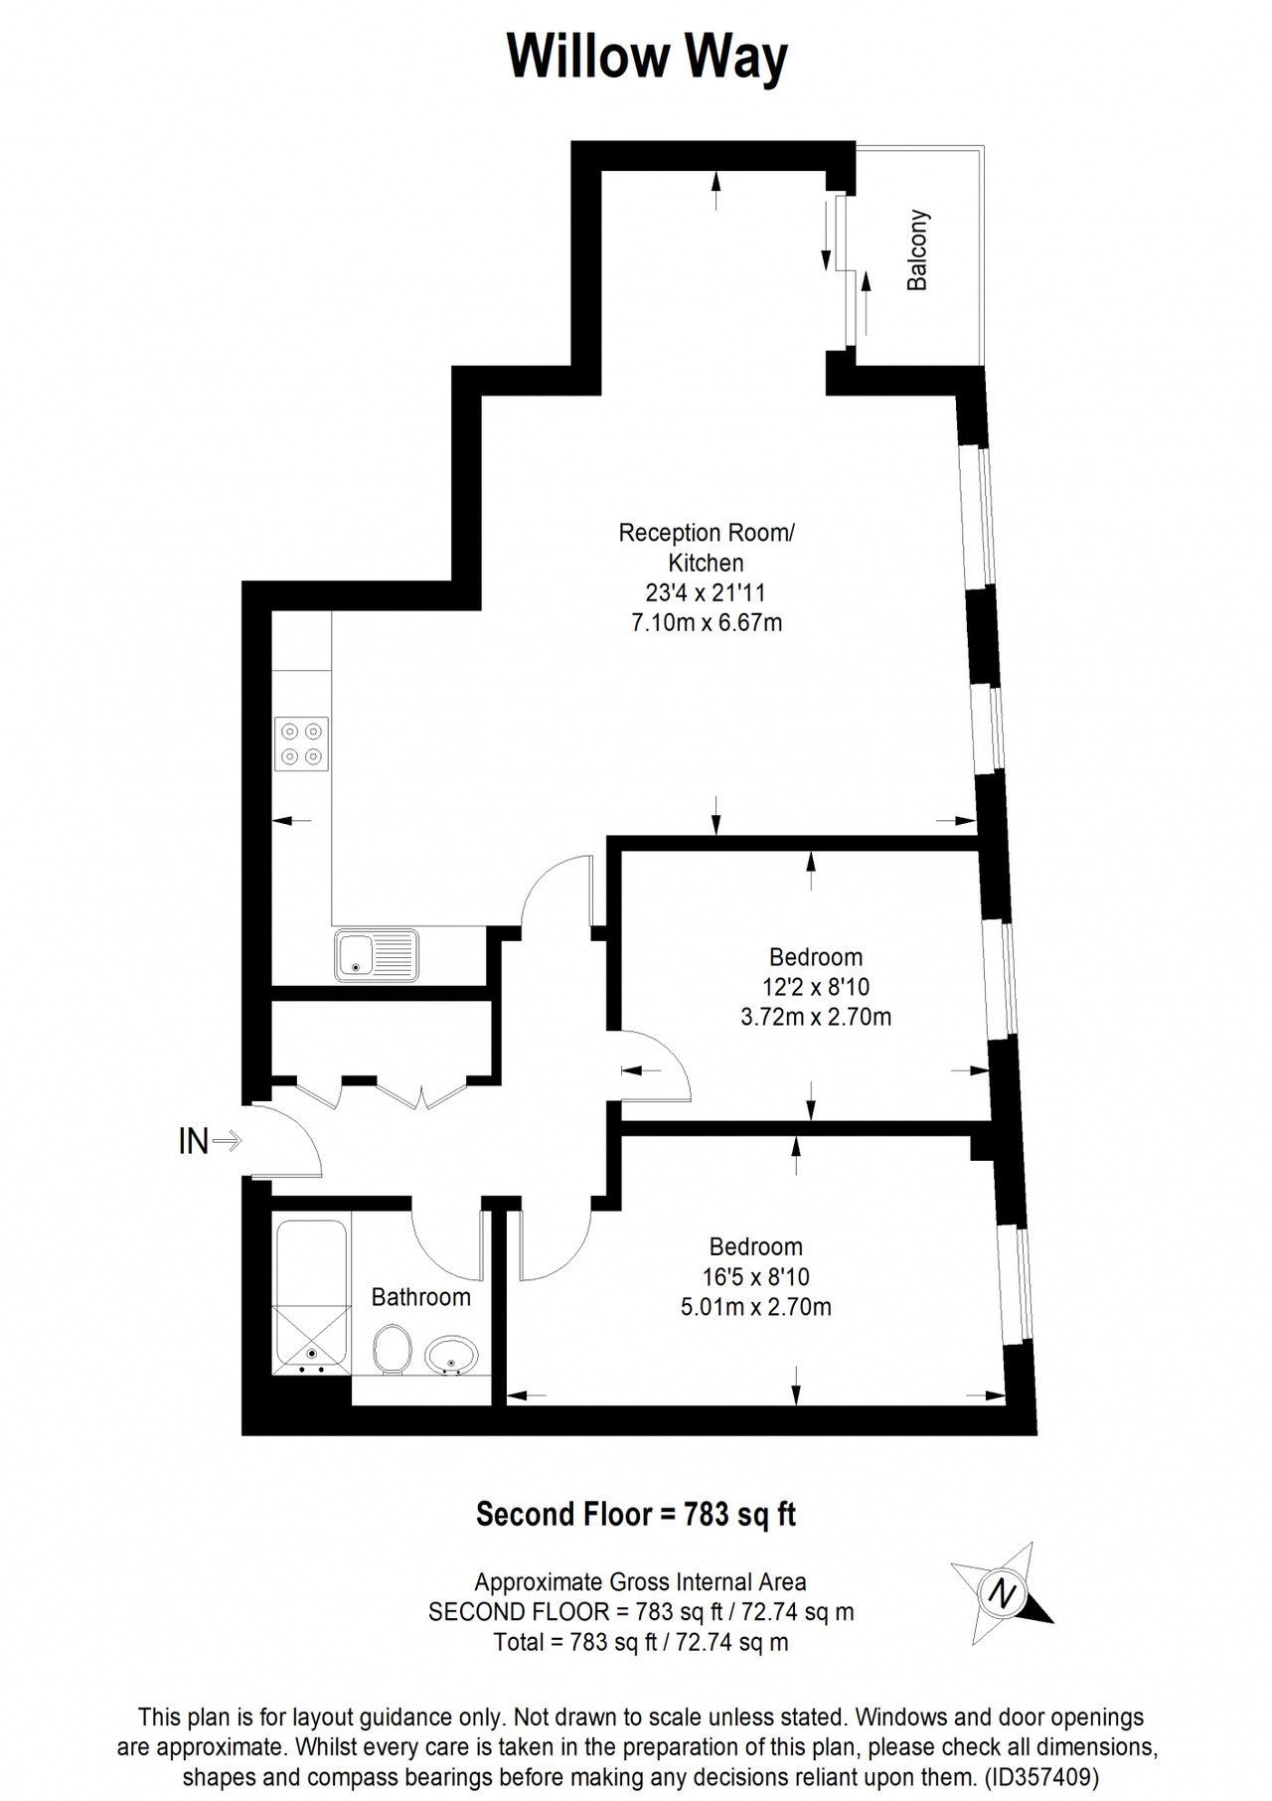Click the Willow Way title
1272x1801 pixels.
click(x=647, y=58)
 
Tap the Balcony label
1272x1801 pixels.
click(x=916, y=249)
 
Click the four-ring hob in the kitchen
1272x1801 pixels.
click(x=302, y=743)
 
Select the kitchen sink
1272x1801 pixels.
click(x=377, y=955)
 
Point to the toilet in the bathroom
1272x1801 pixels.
click(x=392, y=1349)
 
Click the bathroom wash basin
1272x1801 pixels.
click(x=451, y=1355)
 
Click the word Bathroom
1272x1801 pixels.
click(x=421, y=1297)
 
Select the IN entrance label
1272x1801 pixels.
click(x=194, y=1141)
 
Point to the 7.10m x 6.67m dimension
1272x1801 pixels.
click(x=707, y=623)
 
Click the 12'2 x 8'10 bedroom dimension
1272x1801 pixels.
click(x=816, y=987)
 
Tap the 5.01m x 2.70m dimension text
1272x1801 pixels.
click(x=756, y=1307)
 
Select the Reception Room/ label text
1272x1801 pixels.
click(x=707, y=533)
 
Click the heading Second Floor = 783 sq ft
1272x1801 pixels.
click(x=636, y=1515)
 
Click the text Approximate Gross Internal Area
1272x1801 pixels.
click(x=641, y=1582)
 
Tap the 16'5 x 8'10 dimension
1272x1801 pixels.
click(x=756, y=1277)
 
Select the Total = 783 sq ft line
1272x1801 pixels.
click(x=641, y=1642)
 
